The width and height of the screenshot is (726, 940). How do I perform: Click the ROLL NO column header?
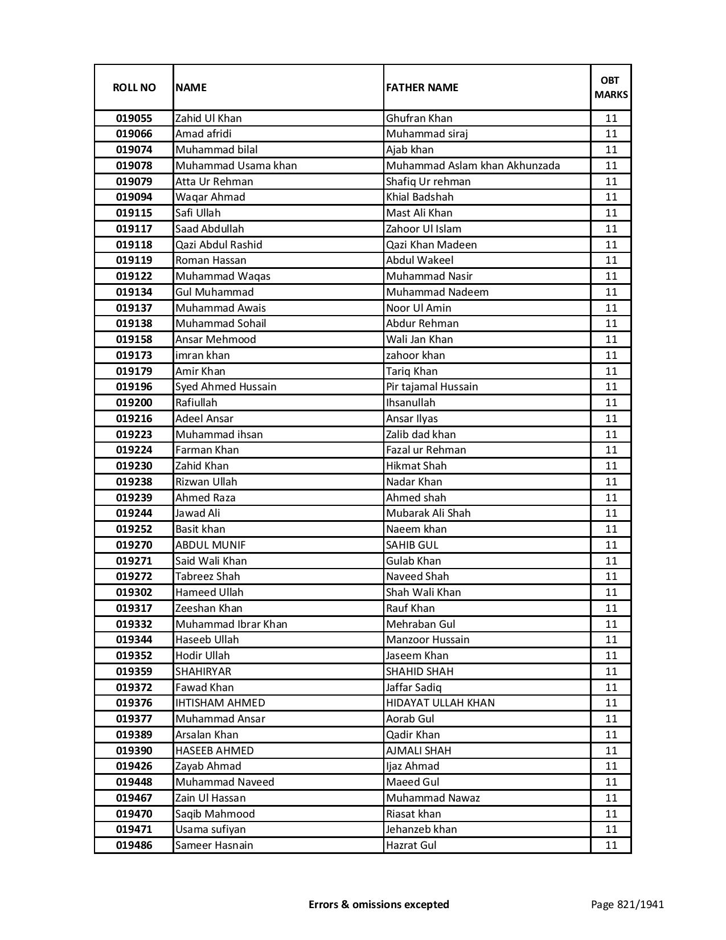[134, 87]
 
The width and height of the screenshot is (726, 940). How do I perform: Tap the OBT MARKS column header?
[611, 87]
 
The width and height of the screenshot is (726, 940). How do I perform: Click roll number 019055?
[134, 118]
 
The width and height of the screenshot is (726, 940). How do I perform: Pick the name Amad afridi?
[203, 134]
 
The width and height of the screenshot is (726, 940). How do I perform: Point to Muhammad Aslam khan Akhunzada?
[473, 166]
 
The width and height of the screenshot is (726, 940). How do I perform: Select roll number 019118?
[134, 245]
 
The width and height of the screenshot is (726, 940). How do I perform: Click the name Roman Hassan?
[211, 260]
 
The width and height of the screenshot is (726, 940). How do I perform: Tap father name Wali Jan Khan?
[419, 340]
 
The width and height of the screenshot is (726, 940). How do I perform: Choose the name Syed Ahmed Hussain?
[225, 387]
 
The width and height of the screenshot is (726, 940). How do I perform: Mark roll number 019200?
[134, 403]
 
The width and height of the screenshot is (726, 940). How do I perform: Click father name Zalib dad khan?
[421, 435]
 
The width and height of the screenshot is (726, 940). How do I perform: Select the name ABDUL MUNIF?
[210, 545]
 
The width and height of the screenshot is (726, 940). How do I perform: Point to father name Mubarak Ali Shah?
[428, 513]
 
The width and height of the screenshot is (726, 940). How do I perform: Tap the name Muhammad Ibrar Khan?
[231, 624]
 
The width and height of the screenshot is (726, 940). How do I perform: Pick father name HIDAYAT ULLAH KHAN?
[440, 703]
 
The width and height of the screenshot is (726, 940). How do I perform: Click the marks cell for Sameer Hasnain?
[611, 845]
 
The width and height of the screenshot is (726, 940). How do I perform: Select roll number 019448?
[134, 782]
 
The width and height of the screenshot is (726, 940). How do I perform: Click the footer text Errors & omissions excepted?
[379, 904]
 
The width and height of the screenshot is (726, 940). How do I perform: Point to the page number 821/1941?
[627, 904]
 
